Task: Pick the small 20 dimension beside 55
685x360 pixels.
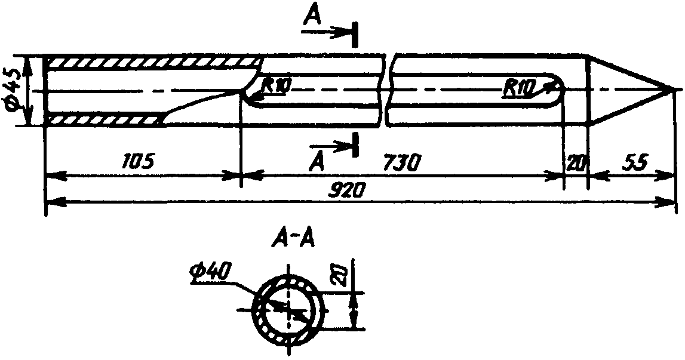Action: pyautogui.click(x=576, y=164)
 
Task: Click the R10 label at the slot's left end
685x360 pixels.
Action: pyautogui.click(x=275, y=85)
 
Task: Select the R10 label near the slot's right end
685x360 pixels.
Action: pyautogui.click(x=518, y=89)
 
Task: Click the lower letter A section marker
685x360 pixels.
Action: pyautogui.click(x=318, y=162)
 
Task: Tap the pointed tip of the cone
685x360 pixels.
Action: pyautogui.click(x=673, y=90)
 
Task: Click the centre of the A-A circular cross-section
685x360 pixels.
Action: pyautogui.click(x=288, y=309)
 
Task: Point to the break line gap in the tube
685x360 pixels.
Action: pyautogui.click(x=386, y=90)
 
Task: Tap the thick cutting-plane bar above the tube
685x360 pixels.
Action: pyautogui.click(x=355, y=33)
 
